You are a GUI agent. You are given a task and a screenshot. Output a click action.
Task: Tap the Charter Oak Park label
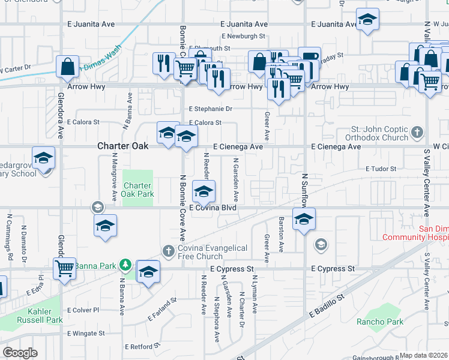138,190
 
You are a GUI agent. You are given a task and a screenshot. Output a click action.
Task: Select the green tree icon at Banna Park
125,264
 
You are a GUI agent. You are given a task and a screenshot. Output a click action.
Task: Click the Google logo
20,353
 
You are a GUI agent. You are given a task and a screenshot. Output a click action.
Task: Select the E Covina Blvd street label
212,208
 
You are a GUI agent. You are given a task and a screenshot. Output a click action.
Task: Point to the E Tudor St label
381,169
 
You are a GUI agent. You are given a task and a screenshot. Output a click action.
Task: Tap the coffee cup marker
309,58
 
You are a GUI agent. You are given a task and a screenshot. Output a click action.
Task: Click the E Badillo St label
327,305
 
